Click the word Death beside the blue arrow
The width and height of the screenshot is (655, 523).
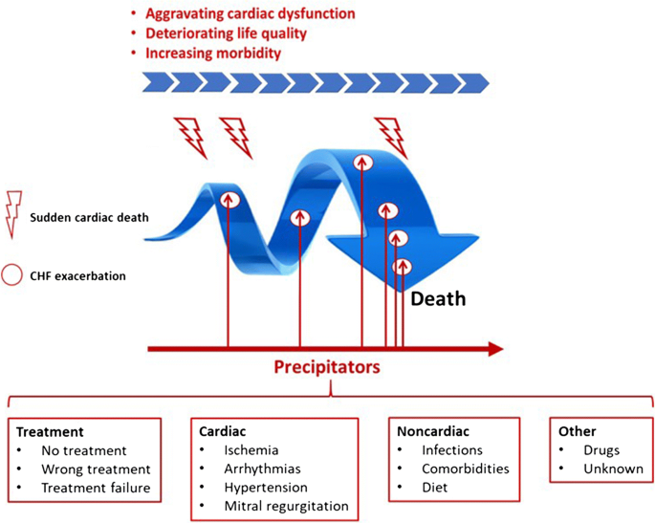tap(438, 299)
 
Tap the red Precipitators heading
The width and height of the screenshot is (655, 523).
tap(327, 366)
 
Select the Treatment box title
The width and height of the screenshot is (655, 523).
tap(50, 432)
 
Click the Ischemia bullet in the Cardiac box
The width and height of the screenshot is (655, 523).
tap(251, 450)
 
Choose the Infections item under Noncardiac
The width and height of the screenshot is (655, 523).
tap(452, 450)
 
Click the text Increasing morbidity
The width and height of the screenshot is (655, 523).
tap(212, 54)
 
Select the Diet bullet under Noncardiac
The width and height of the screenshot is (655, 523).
tap(436, 488)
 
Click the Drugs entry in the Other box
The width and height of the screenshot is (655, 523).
tap(603, 450)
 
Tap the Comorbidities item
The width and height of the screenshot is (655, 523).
tap(466, 469)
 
